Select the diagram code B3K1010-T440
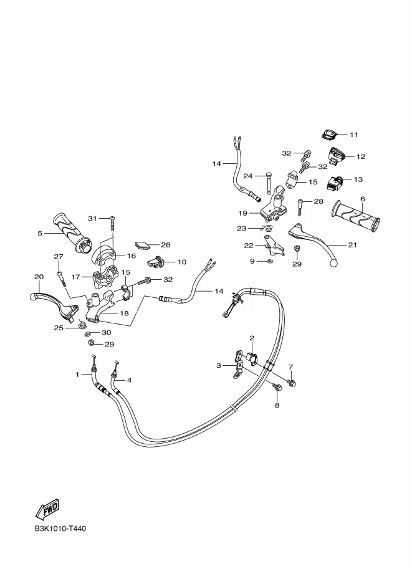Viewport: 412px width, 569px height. [x=60, y=528]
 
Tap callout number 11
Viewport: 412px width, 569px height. [x=354, y=135]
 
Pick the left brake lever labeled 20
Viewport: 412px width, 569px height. [x=54, y=304]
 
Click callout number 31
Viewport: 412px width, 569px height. [x=93, y=218]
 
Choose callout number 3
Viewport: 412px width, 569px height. [x=219, y=365]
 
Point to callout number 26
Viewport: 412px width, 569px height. [x=166, y=245]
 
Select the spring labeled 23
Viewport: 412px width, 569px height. [x=267, y=229]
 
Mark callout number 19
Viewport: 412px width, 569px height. [x=242, y=213]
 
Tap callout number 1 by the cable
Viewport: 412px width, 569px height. [x=77, y=374]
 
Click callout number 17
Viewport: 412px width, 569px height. [x=75, y=277]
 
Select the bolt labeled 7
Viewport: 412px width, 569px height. [x=292, y=383]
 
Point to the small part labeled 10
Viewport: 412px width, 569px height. [x=156, y=262]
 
